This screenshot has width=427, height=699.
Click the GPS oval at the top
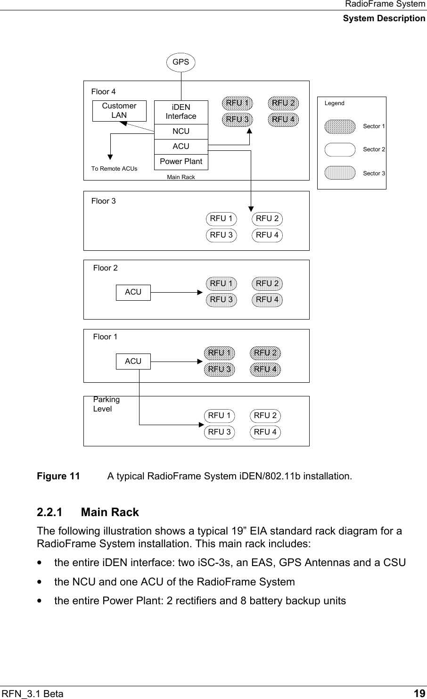(x=181, y=62)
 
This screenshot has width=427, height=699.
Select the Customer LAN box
(x=119, y=111)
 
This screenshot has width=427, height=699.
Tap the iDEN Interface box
(x=181, y=112)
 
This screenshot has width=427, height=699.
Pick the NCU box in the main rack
(x=181, y=132)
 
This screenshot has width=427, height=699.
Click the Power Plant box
(x=181, y=161)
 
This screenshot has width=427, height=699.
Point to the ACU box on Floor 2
(x=133, y=292)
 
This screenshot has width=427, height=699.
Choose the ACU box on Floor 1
(x=133, y=362)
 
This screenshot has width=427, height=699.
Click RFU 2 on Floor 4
(x=283, y=103)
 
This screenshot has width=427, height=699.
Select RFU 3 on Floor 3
(x=221, y=235)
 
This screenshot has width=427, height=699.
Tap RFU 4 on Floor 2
(x=267, y=300)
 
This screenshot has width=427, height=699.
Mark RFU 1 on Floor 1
(x=219, y=353)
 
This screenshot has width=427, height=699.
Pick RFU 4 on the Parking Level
(x=265, y=432)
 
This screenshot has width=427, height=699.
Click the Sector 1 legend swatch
(x=340, y=126)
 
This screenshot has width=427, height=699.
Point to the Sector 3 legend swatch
(x=340, y=173)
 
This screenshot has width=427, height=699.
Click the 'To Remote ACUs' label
(x=115, y=169)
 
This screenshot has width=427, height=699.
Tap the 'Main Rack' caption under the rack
(x=181, y=177)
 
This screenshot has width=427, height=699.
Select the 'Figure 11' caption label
(x=58, y=476)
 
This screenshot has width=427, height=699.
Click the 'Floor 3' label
(x=103, y=201)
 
